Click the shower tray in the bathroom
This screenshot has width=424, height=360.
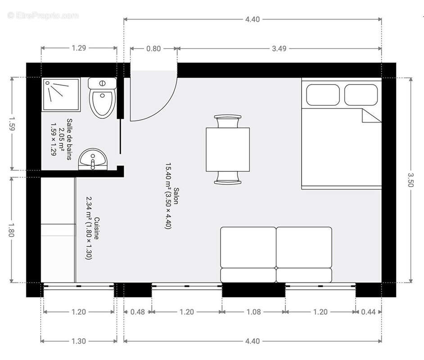62,94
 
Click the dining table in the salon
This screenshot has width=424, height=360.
228,149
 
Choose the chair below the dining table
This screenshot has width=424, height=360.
228,178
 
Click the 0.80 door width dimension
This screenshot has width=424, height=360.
153,49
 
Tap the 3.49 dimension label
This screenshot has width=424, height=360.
279,49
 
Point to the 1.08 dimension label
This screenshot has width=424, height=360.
253,312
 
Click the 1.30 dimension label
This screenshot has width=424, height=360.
79,341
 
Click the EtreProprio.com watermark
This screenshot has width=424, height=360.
43,16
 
